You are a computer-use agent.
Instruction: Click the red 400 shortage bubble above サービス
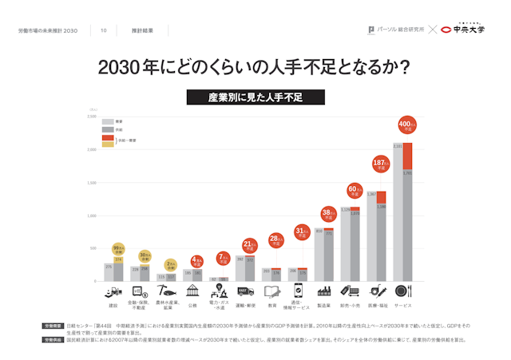407,125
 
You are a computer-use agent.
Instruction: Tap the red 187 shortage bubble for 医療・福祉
380,165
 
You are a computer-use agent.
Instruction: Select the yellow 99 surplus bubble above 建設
118,249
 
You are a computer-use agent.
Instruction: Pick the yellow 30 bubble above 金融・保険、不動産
145,257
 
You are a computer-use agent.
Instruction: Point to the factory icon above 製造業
324,291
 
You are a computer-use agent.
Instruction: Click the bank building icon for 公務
192,291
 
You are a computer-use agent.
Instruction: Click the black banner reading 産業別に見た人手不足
255,97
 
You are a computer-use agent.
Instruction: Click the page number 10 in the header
104,30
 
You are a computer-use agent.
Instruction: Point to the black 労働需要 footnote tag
53,326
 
